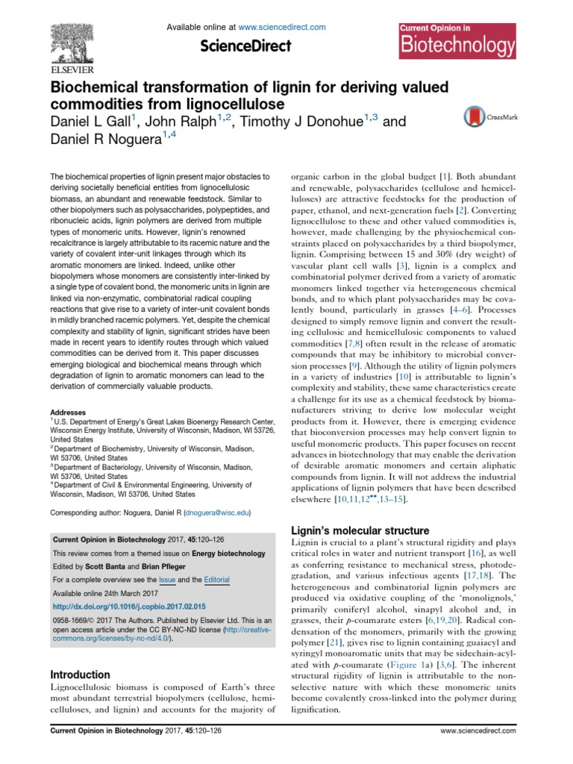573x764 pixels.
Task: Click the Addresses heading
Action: pyautogui.click(x=68, y=412)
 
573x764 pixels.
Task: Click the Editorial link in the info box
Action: pyautogui.click(x=216, y=580)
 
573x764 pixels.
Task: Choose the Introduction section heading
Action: pyautogui.click(x=80, y=674)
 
